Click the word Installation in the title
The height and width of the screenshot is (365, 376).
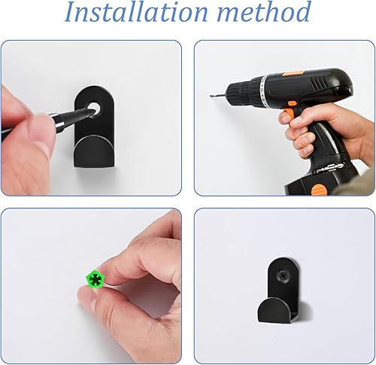point(136,12)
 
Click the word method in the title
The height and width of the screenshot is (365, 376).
point(264,12)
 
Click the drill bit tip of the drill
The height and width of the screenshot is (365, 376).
point(211,96)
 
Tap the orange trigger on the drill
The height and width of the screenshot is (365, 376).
point(288,114)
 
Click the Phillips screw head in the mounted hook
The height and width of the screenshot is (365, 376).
point(284,276)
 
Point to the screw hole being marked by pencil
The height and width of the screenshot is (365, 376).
point(94,108)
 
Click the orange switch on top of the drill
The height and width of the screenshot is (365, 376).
point(292,73)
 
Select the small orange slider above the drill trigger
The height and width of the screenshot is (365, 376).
point(292,103)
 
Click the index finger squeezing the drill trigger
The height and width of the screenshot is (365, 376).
point(289,118)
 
